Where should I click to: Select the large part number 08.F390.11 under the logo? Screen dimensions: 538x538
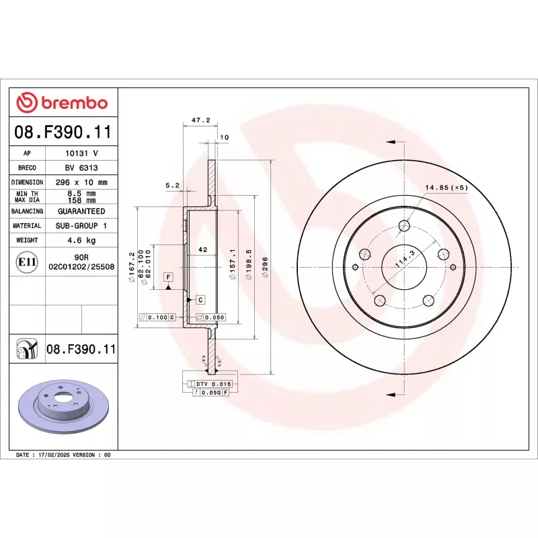click(x=64, y=132)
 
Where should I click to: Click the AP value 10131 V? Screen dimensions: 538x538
click(x=81, y=153)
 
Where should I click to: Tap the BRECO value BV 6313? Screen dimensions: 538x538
click(x=81, y=167)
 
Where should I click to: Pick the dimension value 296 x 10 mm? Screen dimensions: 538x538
click(x=81, y=182)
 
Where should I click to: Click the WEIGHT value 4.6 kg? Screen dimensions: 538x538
click(x=81, y=240)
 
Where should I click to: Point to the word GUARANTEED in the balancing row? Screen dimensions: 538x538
click(x=81, y=211)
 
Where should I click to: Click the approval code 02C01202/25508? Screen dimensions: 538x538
click(x=81, y=267)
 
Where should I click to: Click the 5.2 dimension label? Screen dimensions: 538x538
click(x=172, y=184)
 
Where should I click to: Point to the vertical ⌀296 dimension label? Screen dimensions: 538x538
click(x=265, y=266)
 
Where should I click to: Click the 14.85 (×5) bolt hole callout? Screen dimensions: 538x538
click(x=446, y=188)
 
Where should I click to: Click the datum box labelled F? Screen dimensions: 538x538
click(x=167, y=277)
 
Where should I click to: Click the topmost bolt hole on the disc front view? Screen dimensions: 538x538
click(x=403, y=226)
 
